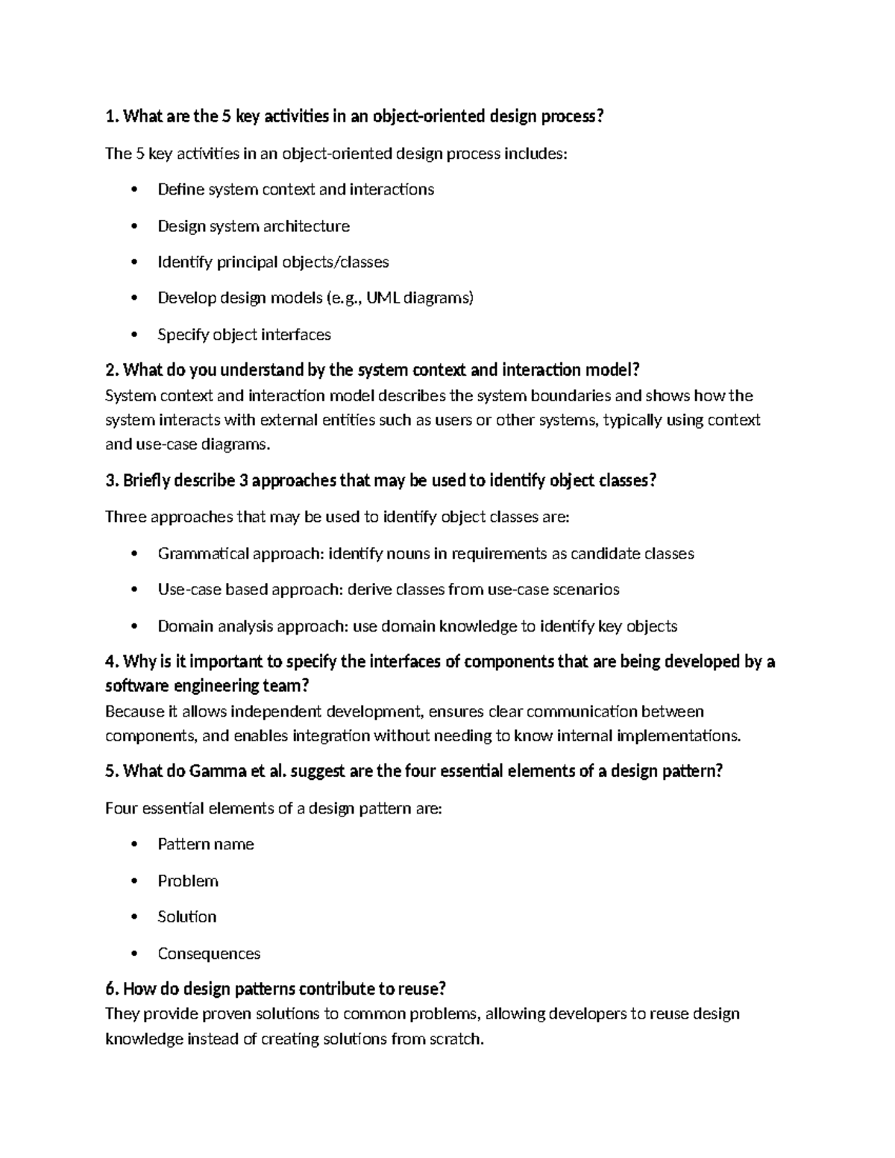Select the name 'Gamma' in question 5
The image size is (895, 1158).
coord(218,772)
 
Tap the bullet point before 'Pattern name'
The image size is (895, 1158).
coord(134,845)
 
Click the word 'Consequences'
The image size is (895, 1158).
coord(209,954)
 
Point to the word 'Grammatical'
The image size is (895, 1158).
coord(203,554)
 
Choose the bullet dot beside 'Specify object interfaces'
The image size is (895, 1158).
coord(134,336)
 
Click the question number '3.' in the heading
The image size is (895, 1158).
coord(112,481)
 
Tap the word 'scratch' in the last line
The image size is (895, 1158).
coord(456,1039)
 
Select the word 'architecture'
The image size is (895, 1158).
coord(306,226)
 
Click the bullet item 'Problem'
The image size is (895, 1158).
coord(188,881)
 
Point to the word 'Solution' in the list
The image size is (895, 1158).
coord(186,917)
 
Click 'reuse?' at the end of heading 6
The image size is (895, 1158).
coord(421,989)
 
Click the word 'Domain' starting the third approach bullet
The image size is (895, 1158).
coord(185,626)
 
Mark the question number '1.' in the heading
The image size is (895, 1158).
coord(112,116)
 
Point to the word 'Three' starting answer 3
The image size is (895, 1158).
coord(126,517)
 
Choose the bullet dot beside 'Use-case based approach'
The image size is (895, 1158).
coord(134,591)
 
